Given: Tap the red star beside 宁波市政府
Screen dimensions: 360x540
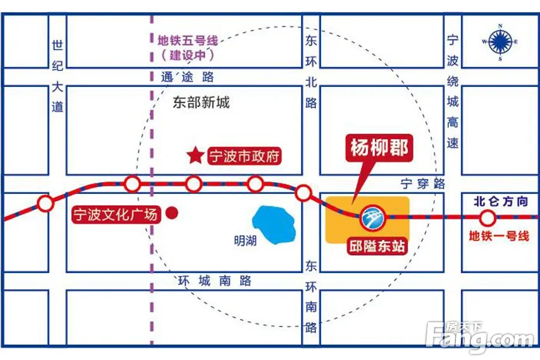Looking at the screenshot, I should tap(195, 157).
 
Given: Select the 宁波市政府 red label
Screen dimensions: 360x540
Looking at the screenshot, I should tap(244, 157).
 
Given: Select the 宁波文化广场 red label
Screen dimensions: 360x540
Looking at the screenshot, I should tap(117, 214).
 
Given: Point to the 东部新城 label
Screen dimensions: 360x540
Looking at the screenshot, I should tap(200, 103).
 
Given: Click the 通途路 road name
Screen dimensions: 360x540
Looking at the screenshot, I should tap(187, 77).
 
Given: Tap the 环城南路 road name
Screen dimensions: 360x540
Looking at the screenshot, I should tap(215, 281).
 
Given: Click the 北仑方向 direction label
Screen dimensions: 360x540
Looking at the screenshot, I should tap(500, 202).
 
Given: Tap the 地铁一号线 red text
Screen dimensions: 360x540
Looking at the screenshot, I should tap(499, 236).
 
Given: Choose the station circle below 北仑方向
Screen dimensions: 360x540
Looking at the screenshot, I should tap(488, 217).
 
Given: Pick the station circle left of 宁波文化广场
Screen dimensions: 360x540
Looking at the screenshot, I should tap(45, 204).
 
